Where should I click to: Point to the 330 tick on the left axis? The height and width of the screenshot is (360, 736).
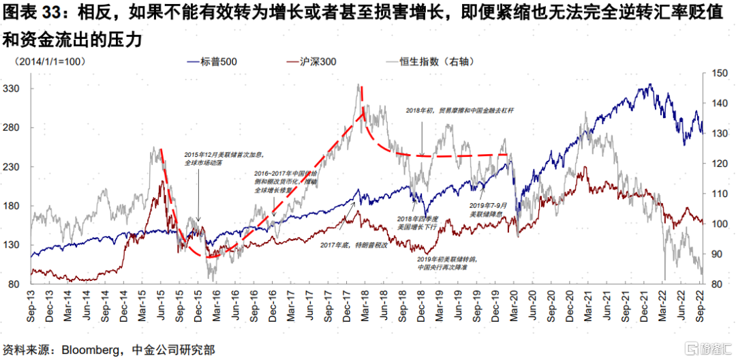pos(13,89)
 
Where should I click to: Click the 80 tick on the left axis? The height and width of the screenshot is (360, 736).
pos(16,284)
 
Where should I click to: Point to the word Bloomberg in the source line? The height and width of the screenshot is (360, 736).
pos(90,350)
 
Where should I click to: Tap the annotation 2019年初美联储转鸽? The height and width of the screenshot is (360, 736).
pos(442,262)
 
